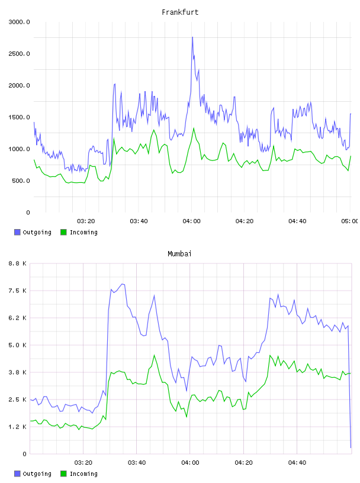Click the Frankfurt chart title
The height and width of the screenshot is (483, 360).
pos(180,12)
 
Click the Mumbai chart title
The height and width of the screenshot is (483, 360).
pos(179,254)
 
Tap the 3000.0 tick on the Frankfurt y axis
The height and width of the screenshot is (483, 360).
pos(19,22)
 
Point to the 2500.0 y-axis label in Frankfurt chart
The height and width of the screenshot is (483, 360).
pos(19,54)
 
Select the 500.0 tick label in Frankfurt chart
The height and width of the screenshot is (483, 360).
pos(21,181)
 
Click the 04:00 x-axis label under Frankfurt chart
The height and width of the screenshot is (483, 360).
pos(191,221)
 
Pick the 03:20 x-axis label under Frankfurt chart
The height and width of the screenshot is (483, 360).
pos(86,221)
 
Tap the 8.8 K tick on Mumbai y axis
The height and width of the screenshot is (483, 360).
pos(18,263)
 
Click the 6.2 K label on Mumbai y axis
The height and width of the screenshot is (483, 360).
pos(18,318)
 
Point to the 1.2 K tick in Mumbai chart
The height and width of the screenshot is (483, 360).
pos(18,427)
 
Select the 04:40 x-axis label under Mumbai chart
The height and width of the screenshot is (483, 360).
pos(297,462)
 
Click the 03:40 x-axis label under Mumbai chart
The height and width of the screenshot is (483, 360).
pos(137,462)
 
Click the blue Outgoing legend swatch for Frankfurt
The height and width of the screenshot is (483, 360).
pos(17,232)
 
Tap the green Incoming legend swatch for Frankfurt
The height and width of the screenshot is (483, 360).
pos(63,232)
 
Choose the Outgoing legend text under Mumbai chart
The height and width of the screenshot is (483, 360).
pos(37,474)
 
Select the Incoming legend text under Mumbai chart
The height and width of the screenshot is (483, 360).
pos(83,474)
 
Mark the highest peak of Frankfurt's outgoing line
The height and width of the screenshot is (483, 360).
pos(192,37)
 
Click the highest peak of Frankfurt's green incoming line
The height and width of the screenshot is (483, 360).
pos(194,128)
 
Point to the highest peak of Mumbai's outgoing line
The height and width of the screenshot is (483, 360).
pos(123,284)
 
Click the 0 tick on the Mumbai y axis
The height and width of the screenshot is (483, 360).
pos(24,454)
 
